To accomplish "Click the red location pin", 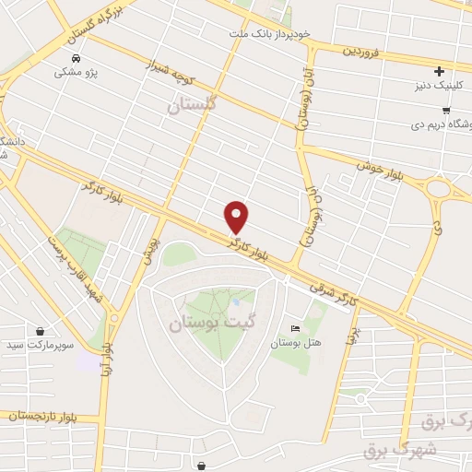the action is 237,216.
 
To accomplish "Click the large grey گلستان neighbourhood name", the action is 191,107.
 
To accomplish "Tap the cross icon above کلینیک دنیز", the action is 440,71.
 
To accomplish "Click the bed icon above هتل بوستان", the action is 295,329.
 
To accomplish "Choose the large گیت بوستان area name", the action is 206,324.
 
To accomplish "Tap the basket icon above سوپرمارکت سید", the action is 41,331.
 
